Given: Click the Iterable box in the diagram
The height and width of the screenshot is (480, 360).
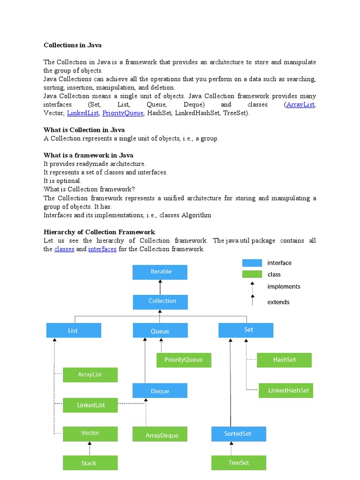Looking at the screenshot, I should (x=160, y=272).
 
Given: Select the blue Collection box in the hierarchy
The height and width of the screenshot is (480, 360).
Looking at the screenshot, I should (x=160, y=301).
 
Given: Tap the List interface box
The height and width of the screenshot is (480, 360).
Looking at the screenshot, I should (x=74, y=330).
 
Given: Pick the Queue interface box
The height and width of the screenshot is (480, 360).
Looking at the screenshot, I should (x=160, y=330).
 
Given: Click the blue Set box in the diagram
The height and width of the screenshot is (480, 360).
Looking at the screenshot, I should (x=246, y=330).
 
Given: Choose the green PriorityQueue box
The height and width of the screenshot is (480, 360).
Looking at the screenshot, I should (x=184, y=360).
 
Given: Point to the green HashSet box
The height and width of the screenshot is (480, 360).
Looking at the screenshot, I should (x=285, y=360).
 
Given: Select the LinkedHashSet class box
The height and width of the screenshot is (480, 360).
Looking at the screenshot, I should (x=286, y=390).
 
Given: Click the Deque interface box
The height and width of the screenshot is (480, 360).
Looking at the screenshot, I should (x=160, y=391).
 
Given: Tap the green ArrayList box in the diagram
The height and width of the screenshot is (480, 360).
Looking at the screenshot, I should (x=90, y=375).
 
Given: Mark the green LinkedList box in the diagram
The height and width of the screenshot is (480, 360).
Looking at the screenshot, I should (x=90, y=405).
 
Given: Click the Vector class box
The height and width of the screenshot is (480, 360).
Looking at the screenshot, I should (x=90, y=433).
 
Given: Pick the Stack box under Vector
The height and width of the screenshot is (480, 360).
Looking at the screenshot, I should (x=90, y=463).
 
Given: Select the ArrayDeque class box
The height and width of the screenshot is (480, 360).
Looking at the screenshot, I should (x=160, y=434).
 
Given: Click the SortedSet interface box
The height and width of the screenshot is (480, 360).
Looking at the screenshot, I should (x=239, y=434).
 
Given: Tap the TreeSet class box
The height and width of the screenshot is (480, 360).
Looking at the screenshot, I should (x=239, y=463).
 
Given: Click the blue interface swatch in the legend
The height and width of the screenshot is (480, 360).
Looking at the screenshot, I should (x=252, y=263).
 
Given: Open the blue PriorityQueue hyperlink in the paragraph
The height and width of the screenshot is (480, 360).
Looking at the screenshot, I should (x=123, y=113).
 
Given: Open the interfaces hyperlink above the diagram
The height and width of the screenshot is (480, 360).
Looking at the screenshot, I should (x=102, y=249).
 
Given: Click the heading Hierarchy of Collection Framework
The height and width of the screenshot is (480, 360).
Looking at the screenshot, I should (x=99, y=232).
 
